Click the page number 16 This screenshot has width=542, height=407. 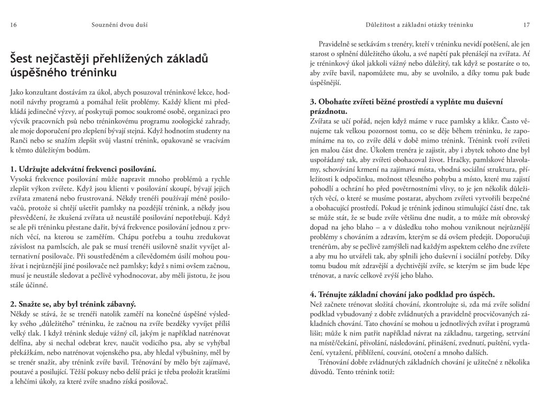tap(13, 25)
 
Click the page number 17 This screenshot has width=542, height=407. tap(526, 25)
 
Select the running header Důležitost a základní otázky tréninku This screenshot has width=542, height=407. tap(419, 25)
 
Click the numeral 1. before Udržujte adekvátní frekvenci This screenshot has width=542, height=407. tap(14, 169)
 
